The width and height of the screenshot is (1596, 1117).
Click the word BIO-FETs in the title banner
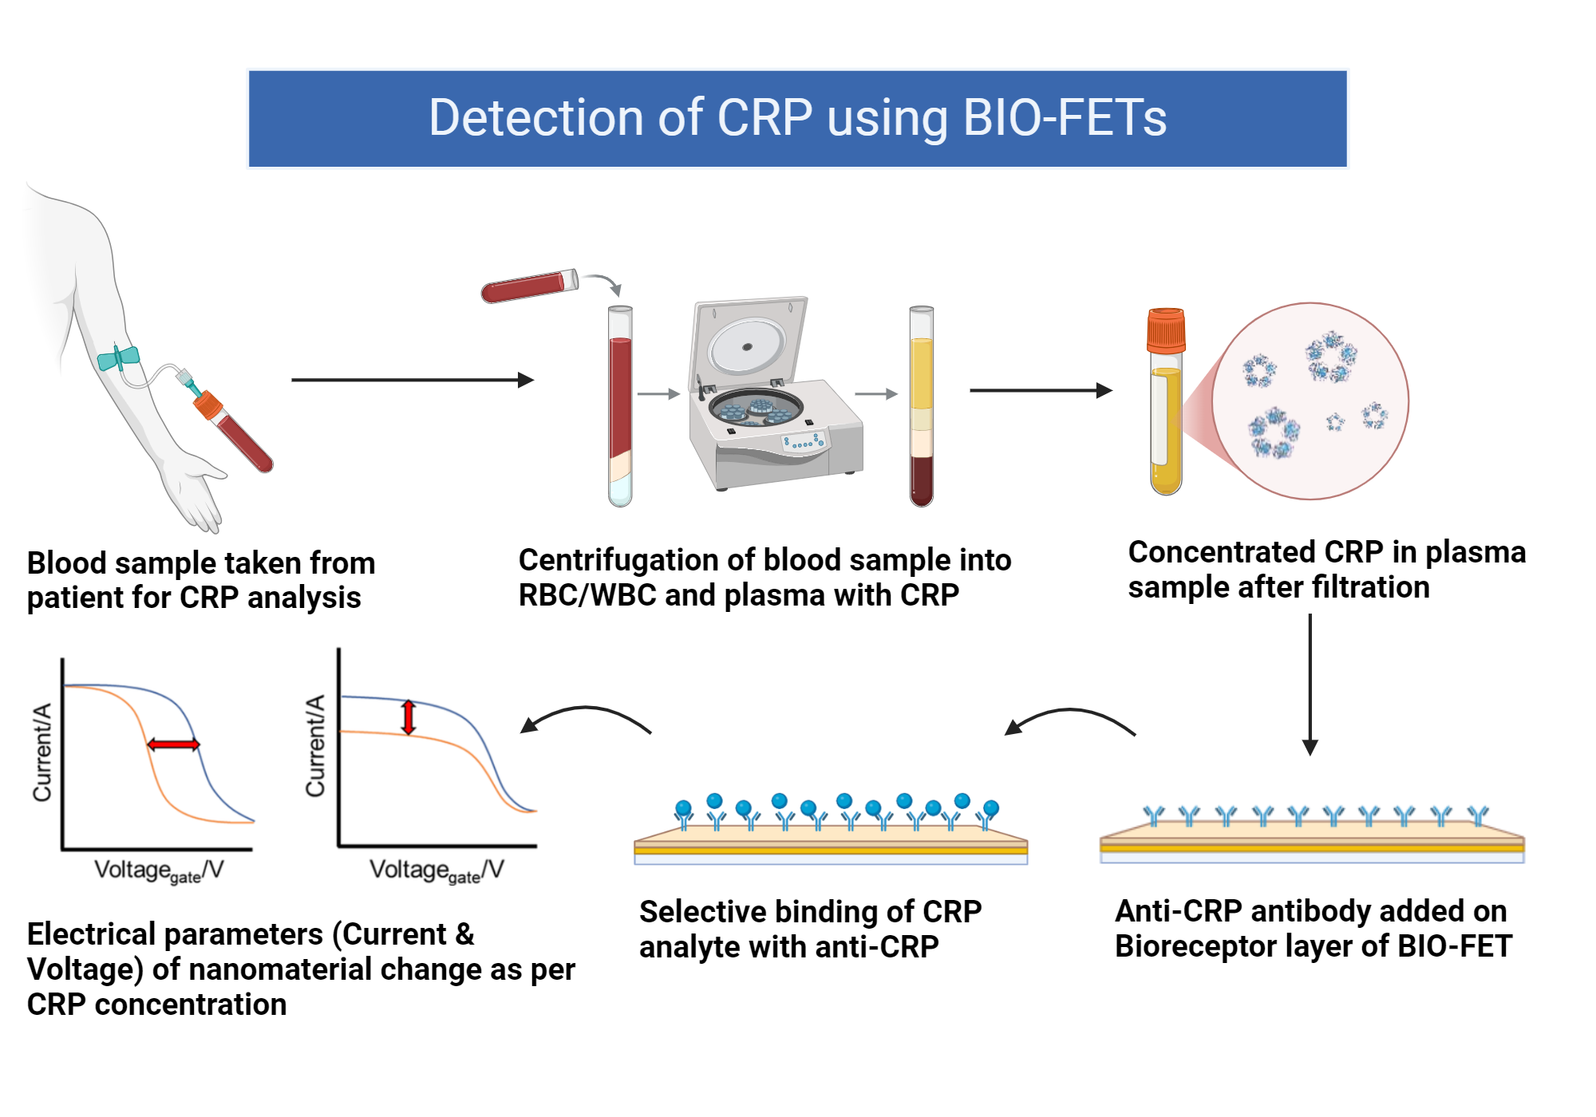[1065, 118]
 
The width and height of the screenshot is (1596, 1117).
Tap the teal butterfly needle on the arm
[118, 358]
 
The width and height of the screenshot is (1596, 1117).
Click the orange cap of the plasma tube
[1166, 330]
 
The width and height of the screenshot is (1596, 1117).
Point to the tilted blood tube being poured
[529, 286]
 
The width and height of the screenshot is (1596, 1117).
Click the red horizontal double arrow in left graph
[173, 744]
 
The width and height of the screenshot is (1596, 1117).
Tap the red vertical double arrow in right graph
[409, 717]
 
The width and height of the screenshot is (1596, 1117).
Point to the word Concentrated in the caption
[1221, 552]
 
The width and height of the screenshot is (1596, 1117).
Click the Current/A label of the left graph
[41, 752]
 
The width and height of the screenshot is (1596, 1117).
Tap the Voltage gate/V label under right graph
[436, 870]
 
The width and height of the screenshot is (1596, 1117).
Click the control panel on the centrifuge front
[804, 441]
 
